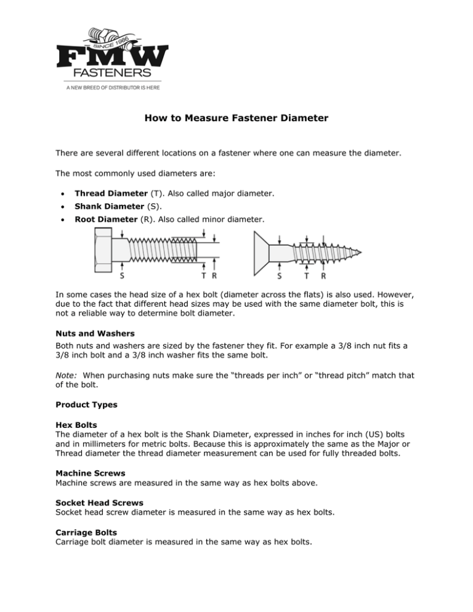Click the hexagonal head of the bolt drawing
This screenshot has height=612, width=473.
(103, 250)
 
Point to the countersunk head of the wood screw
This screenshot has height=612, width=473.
(261, 252)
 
